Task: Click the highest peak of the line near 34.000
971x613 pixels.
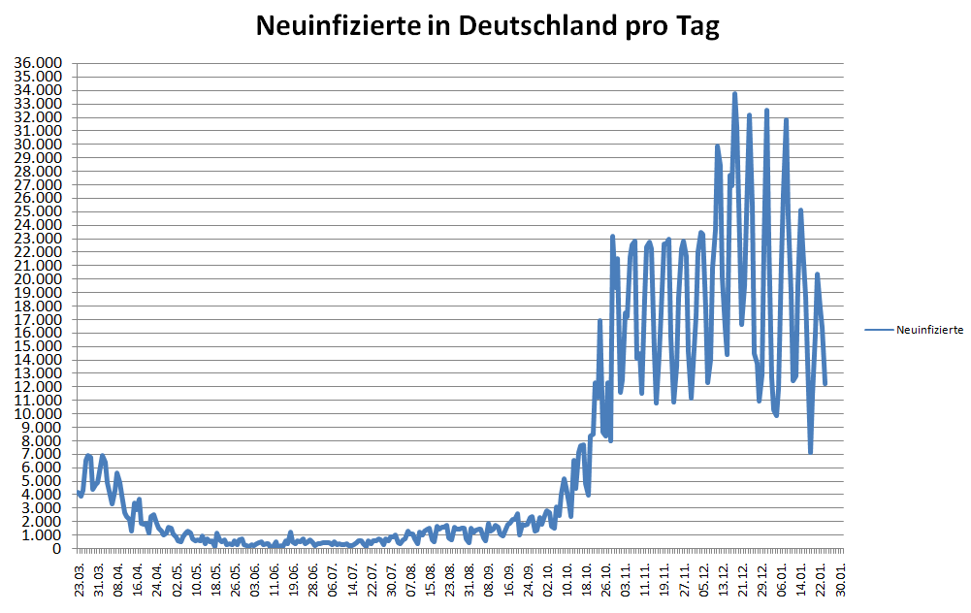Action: [x=734, y=94]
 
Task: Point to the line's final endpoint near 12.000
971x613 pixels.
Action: [x=825, y=384]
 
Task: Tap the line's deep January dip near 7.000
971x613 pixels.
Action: [x=810, y=452]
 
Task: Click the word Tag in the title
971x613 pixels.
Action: [x=696, y=26]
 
